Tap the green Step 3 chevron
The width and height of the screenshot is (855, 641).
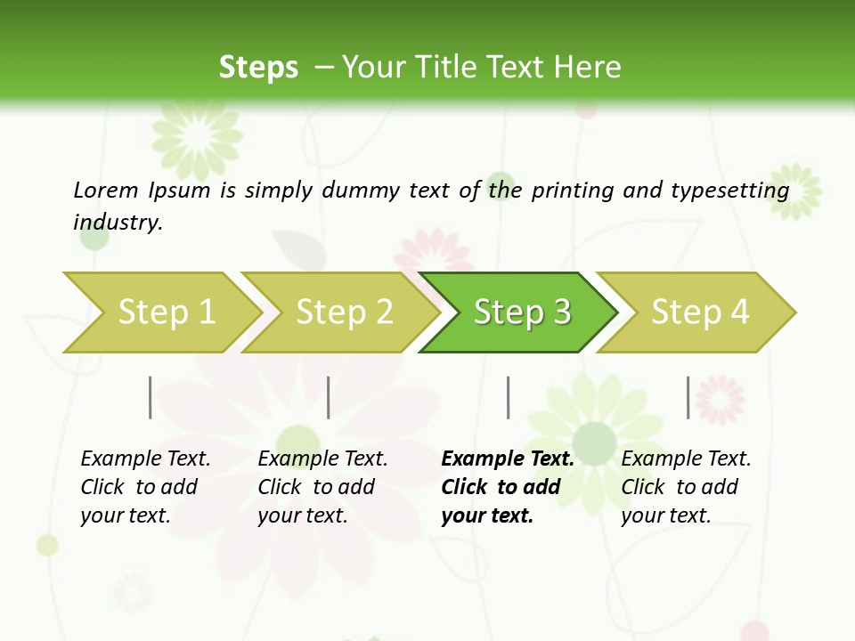click(521, 312)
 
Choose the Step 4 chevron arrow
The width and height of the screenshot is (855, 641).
click(699, 312)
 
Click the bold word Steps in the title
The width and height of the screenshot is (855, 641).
click(258, 68)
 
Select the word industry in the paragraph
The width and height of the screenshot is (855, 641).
click(117, 222)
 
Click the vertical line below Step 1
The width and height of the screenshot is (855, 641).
click(151, 397)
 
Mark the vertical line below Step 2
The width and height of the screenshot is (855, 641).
click(329, 397)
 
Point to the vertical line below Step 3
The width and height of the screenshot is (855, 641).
click(508, 397)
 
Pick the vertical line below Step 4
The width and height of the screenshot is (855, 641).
click(688, 397)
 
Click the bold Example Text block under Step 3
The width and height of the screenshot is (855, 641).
click(508, 487)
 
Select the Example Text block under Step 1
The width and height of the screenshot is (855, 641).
click(145, 487)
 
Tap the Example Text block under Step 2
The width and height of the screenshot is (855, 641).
click(322, 487)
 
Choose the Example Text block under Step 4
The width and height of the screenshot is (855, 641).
click(686, 487)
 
